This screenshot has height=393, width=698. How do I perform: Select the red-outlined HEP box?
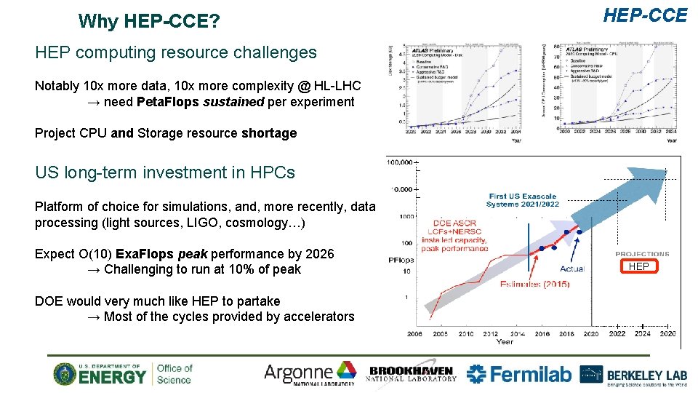pyautogui.click(x=638, y=266)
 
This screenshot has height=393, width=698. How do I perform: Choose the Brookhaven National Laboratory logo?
pyautogui.click(x=412, y=373)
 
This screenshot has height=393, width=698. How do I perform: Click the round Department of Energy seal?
pyautogui.click(x=65, y=374)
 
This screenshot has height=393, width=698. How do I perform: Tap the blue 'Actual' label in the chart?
pyautogui.click(x=572, y=269)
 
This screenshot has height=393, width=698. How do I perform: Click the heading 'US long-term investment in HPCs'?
pyautogui.click(x=165, y=172)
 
